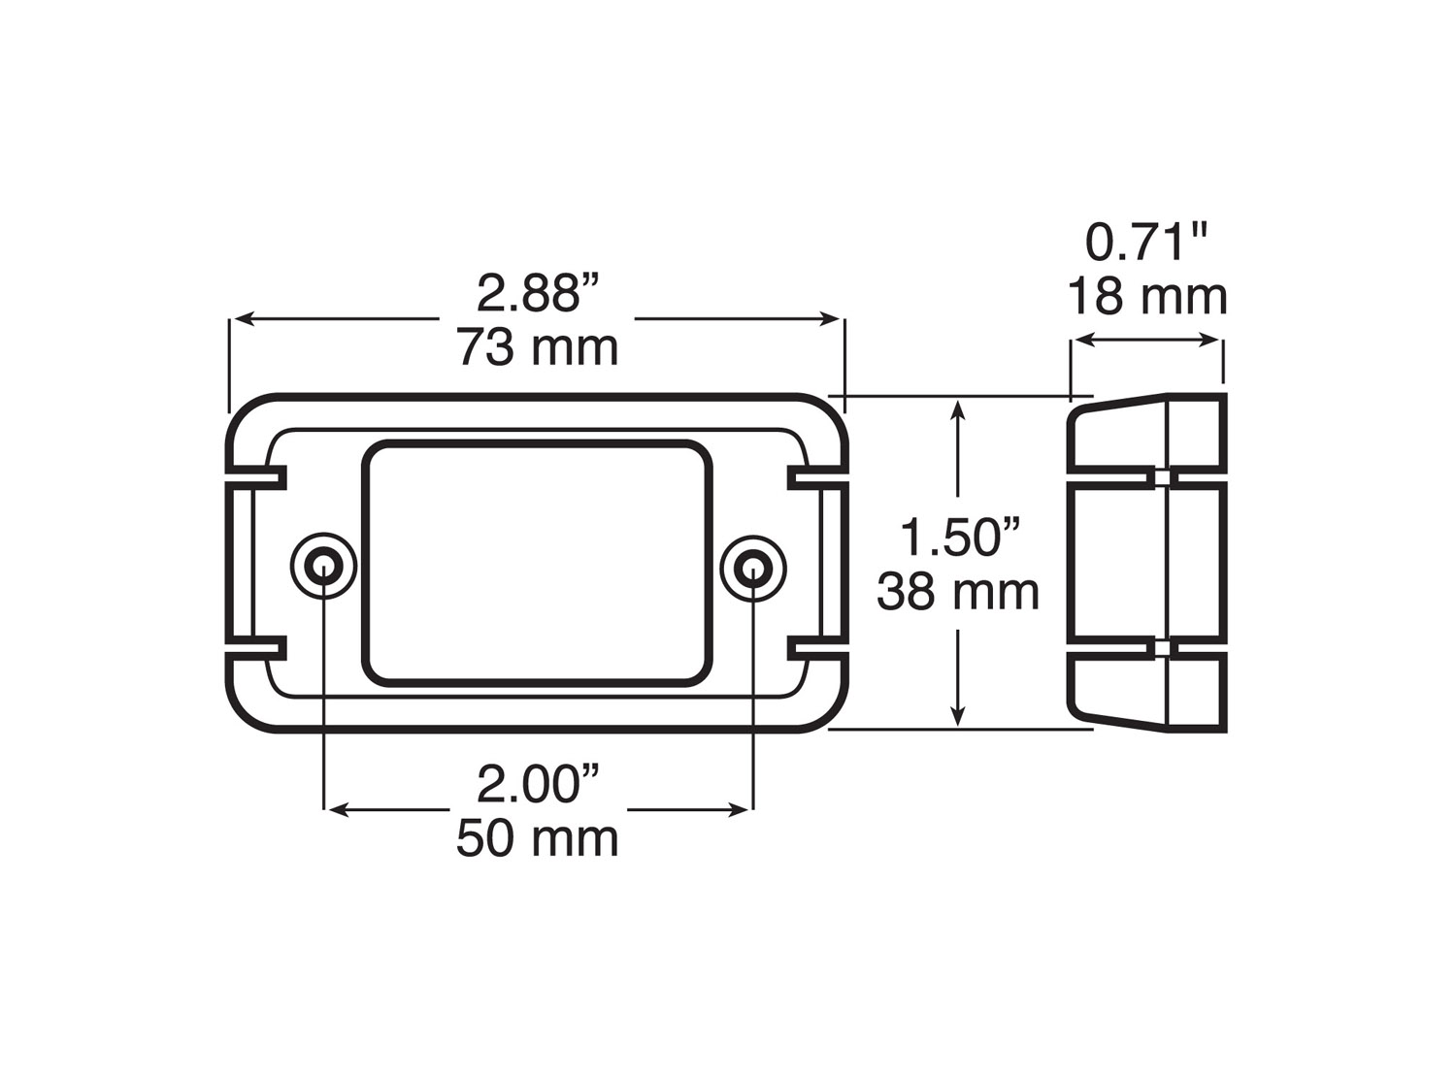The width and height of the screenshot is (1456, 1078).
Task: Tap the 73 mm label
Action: [538, 347]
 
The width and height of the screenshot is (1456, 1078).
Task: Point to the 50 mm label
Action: [538, 838]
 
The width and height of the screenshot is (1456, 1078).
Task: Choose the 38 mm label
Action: [958, 591]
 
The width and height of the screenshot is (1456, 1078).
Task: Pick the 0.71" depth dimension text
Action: [1148, 243]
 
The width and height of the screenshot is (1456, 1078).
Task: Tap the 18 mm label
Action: [1148, 296]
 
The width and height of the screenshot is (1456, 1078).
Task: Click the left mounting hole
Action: [323, 567]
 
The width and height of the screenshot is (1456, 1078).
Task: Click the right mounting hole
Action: [753, 567]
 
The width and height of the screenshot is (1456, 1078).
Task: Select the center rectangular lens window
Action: [538, 563]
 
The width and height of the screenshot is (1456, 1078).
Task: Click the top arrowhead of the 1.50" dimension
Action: [959, 408]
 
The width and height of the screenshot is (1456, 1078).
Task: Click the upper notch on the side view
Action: [1161, 476]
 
